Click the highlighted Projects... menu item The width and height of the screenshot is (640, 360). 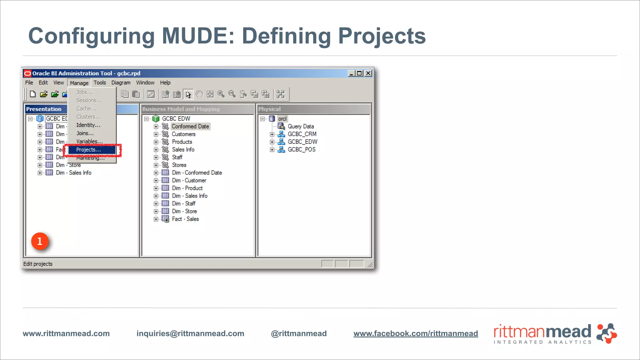coord(89,150)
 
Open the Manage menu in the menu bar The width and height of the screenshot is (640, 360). coord(79,83)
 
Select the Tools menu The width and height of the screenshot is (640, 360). coord(100,82)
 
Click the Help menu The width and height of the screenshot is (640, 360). coord(165,82)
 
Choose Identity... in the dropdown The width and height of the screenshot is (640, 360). coord(88,125)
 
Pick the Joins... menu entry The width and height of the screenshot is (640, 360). coord(85,133)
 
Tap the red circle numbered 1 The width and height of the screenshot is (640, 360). coord(40,241)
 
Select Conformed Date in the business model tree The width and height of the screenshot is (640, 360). coord(190,126)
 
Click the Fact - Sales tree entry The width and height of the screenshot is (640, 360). coord(185,219)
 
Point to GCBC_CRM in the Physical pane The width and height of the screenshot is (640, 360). coord(302,134)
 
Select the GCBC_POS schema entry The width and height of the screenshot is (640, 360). coord(302,149)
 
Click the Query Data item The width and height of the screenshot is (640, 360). coord(301,126)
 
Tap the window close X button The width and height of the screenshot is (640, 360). coord(368,73)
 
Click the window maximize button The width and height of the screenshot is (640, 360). coord(359,73)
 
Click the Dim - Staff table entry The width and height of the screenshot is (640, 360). coord(184,203)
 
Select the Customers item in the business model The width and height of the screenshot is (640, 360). coord(183,134)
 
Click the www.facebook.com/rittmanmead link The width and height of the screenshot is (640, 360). coord(416,333)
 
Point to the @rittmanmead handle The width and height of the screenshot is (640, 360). coord(299,333)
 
